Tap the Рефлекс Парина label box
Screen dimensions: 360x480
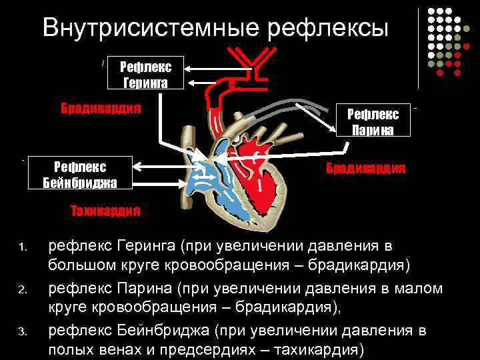click(373, 121)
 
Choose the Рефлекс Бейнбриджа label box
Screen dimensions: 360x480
click(83, 173)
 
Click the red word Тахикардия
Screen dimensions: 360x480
click(105, 211)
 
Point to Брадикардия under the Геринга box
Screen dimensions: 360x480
click(101, 108)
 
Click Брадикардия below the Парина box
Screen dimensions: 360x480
click(365, 167)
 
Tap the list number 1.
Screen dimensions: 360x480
click(22, 249)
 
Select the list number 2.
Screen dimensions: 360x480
click(22, 290)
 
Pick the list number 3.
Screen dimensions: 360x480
click(22, 331)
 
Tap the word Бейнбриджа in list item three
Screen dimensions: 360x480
click(163, 329)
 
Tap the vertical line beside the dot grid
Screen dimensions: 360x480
click(419, 47)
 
